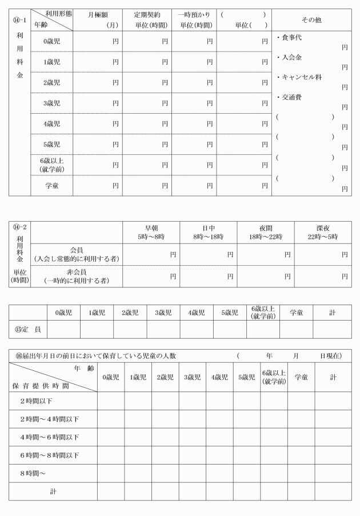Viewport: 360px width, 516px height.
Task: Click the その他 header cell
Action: [311, 19]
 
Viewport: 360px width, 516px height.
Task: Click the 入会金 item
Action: [290, 58]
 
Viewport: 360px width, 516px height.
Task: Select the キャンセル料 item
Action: [297, 77]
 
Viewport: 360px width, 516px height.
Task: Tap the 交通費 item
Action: [290, 97]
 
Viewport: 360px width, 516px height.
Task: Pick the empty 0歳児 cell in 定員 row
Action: [63, 329]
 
